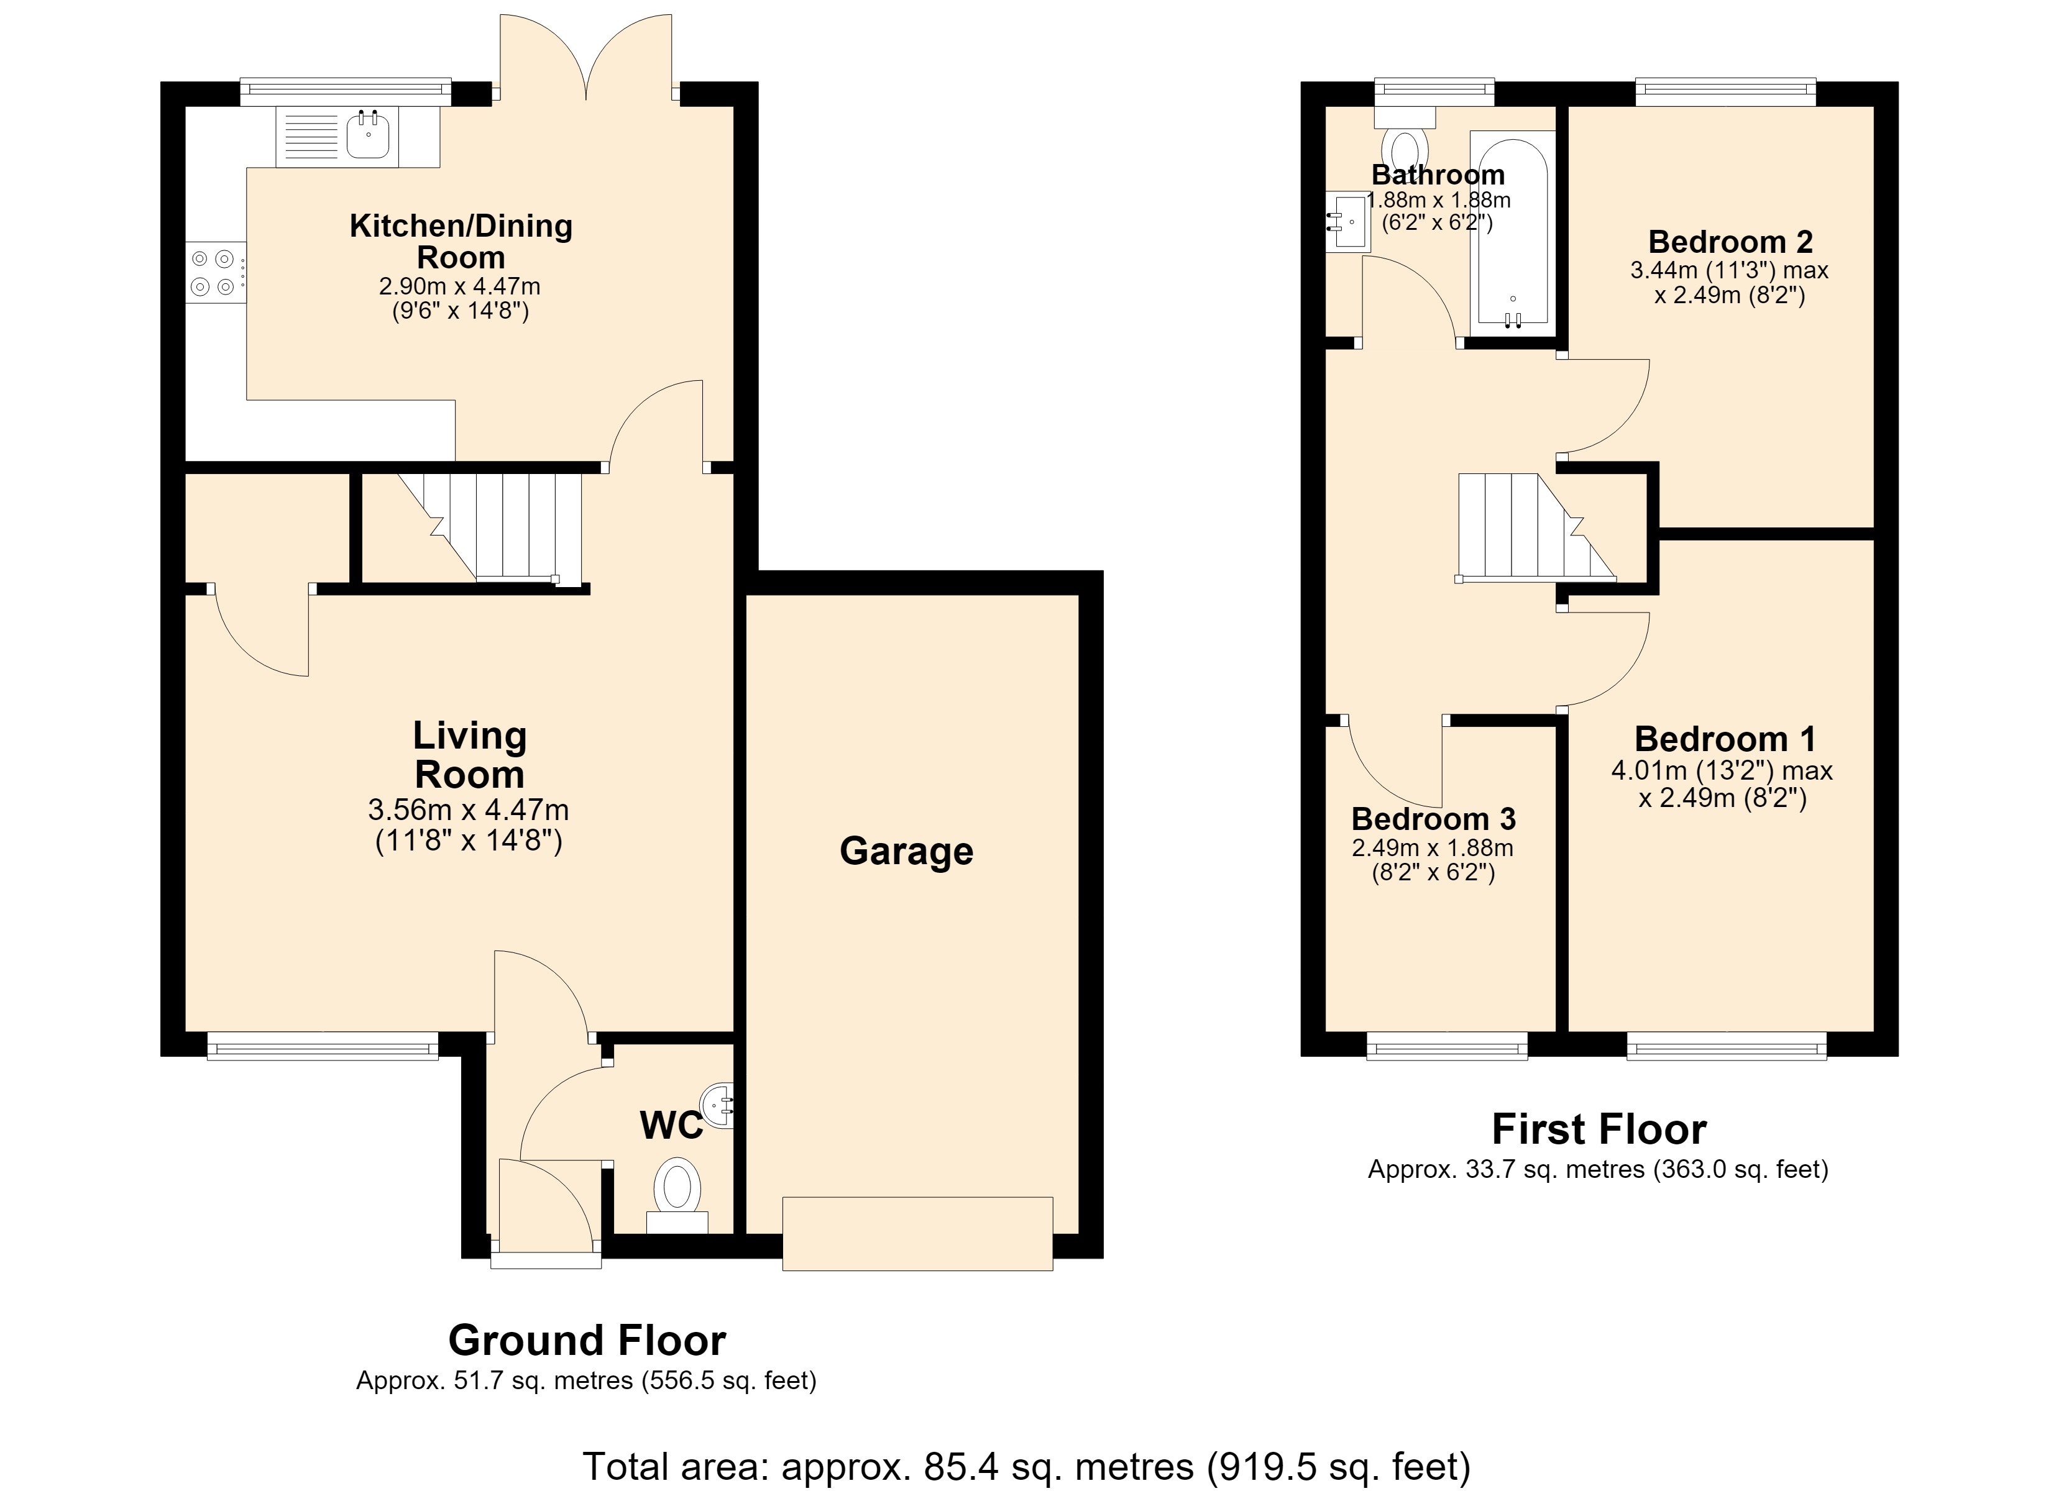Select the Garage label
[x=906, y=852]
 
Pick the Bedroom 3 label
[x=1433, y=819]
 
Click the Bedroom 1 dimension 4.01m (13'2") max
[x=1722, y=771]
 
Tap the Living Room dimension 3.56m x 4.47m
[x=469, y=810]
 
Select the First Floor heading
[x=1599, y=1129]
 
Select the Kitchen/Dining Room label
[x=461, y=242]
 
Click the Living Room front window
[x=323, y=1047]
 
